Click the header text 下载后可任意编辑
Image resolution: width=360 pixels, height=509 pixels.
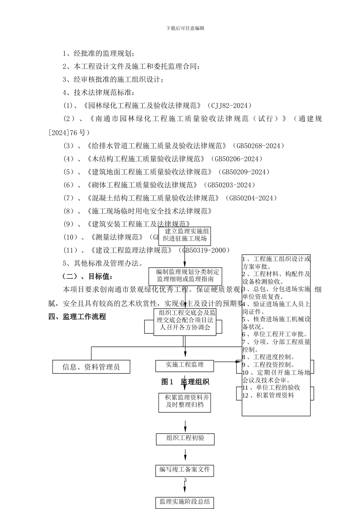click(185, 28)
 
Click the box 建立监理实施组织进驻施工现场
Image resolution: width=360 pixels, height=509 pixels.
click(185, 235)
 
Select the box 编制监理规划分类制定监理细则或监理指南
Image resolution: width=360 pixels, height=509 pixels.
click(185, 275)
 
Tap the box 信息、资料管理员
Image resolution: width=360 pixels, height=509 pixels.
click(91, 367)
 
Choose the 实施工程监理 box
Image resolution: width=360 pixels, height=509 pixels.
click(185, 365)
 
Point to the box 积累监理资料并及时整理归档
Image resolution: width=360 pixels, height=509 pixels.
click(185, 401)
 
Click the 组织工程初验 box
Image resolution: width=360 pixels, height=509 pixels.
click(185, 438)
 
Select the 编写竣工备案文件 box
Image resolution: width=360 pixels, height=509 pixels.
click(185, 470)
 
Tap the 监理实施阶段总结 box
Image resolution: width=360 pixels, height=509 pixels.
click(185, 502)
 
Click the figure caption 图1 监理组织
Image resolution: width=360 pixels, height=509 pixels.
click(185, 382)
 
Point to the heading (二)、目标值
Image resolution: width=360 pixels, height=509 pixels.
click(87, 276)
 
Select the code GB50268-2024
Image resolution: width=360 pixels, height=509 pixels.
click(258, 146)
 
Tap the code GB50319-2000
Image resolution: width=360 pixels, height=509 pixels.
click(206, 250)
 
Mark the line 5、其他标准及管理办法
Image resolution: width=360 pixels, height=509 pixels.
click(103, 263)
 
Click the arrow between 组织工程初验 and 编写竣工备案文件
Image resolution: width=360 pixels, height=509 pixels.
click(185, 454)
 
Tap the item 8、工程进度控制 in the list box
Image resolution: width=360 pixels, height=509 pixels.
click(270, 357)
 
